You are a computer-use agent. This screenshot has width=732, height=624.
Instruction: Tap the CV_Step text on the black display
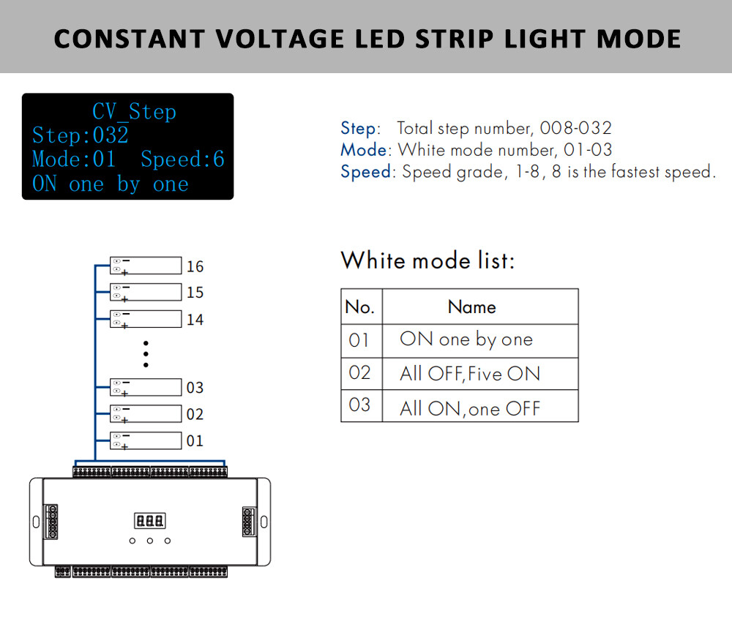coord(134,112)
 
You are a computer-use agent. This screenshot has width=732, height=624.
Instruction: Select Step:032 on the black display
coord(81,135)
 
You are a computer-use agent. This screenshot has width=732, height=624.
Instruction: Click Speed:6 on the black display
coord(182,159)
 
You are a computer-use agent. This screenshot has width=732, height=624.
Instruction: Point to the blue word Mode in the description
coord(363,150)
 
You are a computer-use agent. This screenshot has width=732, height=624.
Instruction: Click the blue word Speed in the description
coord(366,173)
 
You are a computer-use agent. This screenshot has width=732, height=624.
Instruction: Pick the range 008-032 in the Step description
coord(575,128)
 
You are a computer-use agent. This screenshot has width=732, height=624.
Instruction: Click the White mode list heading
coord(427,260)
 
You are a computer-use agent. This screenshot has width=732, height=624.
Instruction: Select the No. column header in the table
coord(359,307)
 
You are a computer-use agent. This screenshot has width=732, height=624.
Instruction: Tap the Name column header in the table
coord(471,307)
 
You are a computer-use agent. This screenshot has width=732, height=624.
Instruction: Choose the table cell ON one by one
coord(466,339)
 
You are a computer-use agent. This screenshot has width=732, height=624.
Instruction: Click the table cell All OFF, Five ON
coord(470,374)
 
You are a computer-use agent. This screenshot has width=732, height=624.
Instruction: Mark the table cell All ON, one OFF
coord(469,408)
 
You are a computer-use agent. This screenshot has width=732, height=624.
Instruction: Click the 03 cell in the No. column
coord(359,405)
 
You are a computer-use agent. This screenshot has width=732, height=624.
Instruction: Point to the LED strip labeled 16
coord(146,265)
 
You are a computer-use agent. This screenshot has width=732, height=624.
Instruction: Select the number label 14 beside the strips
coord(195,320)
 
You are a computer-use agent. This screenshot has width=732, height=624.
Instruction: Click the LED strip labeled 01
coord(146,440)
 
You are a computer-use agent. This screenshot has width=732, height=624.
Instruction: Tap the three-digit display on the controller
coord(149,521)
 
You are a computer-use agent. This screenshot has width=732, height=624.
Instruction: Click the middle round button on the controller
coord(150,541)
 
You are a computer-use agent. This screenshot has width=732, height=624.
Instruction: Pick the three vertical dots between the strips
coord(146,353)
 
